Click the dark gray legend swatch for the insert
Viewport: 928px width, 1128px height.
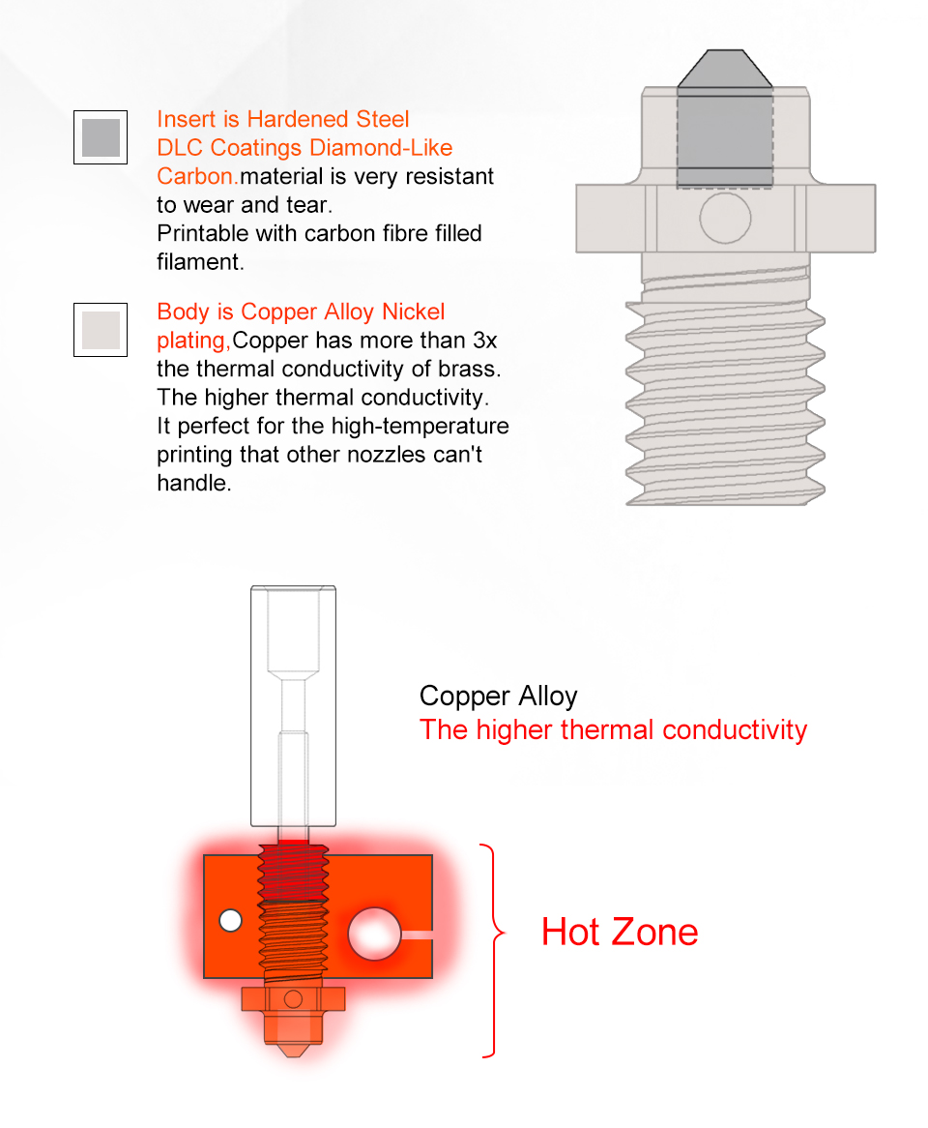click(x=101, y=137)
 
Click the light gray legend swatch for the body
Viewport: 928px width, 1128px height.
click(x=101, y=330)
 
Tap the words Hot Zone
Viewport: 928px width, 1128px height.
click(x=620, y=933)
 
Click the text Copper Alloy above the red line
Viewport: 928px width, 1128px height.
click(x=498, y=697)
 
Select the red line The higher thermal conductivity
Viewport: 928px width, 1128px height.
click(x=613, y=730)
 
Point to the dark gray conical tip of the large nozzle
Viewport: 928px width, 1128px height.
click(x=725, y=69)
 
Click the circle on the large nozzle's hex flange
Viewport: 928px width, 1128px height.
click(x=725, y=218)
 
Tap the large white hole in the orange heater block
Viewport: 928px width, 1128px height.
click(x=374, y=934)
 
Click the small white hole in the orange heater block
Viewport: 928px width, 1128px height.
click(x=231, y=921)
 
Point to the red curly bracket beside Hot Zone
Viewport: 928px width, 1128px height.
click(x=496, y=950)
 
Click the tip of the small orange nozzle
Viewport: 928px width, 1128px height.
click(x=293, y=1055)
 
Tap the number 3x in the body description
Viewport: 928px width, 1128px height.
click(x=485, y=341)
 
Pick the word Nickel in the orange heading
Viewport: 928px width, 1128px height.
click(x=414, y=312)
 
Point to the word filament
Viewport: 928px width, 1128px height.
click(x=200, y=262)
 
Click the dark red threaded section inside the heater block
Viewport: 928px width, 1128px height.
click(x=293, y=873)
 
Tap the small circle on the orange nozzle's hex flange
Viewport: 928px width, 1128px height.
click(x=293, y=999)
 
